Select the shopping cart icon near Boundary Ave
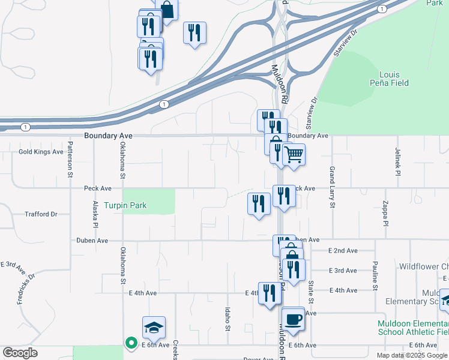click(294, 155)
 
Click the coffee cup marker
click(292, 318)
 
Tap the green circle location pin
click(130, 343)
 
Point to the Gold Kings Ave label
click(41, 152)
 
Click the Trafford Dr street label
click(41, 214)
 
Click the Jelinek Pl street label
click(397, 161)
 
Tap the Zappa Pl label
click(385, 214)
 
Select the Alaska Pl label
click(95, 214)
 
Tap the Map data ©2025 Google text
click(411, 355)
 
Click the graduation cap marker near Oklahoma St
click(154, 327)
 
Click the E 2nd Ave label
click(343, 250)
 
